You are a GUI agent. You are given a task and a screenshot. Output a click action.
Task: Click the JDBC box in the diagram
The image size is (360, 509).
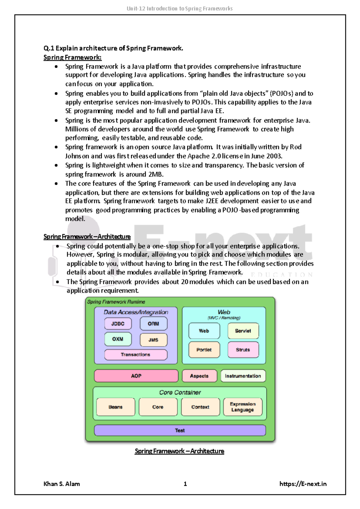[118, 324]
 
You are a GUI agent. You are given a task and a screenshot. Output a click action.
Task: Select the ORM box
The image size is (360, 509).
[153, 324]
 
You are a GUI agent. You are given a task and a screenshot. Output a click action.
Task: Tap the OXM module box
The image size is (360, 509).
[118, 339]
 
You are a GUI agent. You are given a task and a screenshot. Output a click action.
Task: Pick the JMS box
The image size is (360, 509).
[153, 340]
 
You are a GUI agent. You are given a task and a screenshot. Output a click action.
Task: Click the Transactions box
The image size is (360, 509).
[136, 355]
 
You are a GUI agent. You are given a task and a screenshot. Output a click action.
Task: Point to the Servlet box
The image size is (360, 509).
[243, 331]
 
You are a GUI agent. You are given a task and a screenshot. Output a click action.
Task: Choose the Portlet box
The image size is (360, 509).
[204, 350]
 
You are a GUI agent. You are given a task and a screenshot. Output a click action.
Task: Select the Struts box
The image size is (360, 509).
[243, 350]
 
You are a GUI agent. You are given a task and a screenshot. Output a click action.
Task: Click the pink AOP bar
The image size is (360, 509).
[136, 376]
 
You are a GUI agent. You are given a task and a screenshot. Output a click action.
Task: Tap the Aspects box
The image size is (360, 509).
[199, 376]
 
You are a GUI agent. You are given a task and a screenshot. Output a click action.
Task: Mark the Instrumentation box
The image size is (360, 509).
[243, 376]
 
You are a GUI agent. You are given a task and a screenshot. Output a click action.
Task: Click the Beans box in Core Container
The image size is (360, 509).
[115, 407]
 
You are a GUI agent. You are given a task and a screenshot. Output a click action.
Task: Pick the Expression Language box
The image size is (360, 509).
[243, 407]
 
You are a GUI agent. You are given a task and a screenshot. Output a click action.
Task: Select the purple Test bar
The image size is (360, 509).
[180, 430]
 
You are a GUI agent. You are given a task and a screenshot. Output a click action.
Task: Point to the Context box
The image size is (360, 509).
[200, 407]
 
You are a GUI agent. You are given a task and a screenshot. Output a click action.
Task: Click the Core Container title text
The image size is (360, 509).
[180, 392]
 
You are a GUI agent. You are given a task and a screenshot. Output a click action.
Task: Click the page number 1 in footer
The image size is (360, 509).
[185, 484]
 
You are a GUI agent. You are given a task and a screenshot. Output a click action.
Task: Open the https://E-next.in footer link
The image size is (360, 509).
[303, 484]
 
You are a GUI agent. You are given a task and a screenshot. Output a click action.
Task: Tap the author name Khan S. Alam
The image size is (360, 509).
[62, 484]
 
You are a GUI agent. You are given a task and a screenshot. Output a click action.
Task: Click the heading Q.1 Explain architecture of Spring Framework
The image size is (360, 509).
[113, 48]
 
